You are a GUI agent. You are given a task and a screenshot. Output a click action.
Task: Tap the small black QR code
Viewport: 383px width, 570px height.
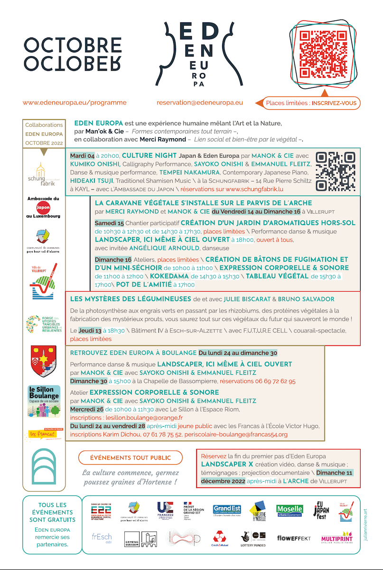pos(336,171)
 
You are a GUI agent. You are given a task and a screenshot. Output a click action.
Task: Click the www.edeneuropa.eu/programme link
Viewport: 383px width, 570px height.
pos(75,102)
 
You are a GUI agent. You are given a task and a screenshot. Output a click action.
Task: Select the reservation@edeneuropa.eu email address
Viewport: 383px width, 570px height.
pos(199,102)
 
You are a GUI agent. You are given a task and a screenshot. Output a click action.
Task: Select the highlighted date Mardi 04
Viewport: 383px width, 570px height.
pos(82,155)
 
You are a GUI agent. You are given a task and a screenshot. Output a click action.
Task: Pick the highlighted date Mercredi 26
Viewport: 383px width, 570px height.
pos(86,409)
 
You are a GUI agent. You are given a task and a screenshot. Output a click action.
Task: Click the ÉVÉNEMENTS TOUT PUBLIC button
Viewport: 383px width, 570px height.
pos(130,457)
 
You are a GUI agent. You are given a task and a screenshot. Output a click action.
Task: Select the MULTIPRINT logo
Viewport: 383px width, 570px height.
pos(336,538)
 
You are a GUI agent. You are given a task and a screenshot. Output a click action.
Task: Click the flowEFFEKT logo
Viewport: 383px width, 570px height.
pos(294,538)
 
